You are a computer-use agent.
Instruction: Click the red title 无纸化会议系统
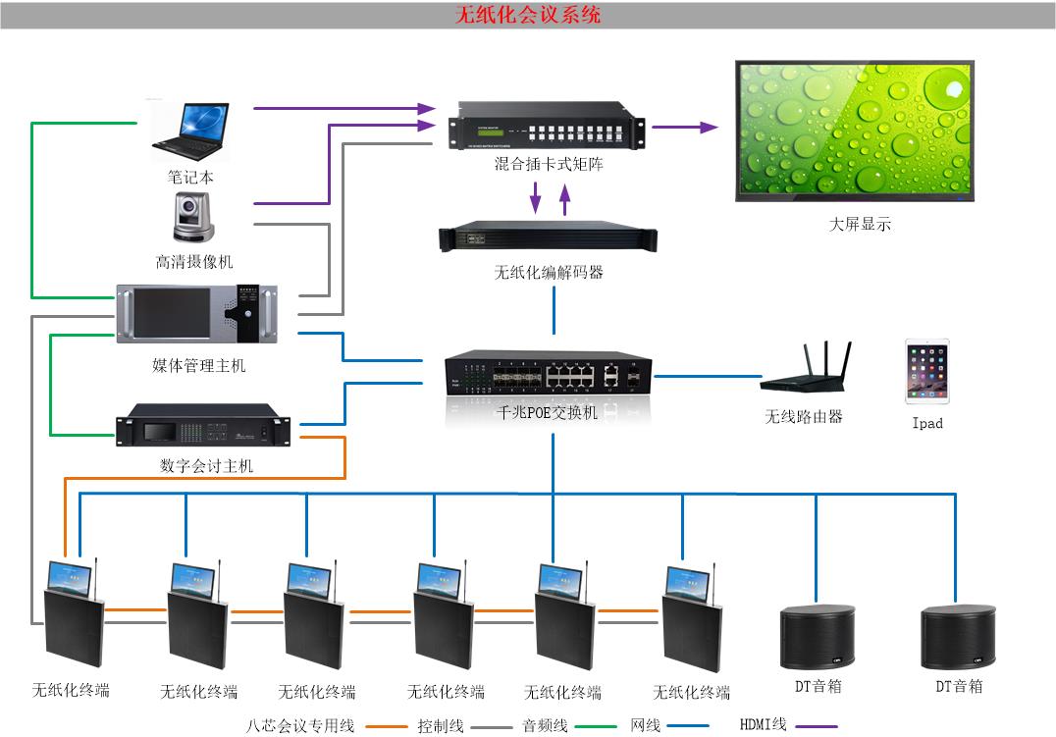click(x=528, y=15)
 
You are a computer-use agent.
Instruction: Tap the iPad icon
click(x=926, y=372)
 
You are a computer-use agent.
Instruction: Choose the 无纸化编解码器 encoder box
click(x=549, y=239)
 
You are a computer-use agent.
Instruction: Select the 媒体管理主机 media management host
click(x=196, y=315)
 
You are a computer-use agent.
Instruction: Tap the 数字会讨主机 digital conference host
click(x=204, y=427)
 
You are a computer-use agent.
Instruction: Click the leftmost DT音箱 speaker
click(x=818, y=638)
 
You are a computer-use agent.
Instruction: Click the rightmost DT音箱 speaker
click(x=958, y=639)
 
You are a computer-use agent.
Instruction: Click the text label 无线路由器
click(x=804, y=416)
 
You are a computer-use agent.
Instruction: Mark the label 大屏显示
click(x=860, y=225)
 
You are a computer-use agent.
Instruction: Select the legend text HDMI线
click(x=763, y=724)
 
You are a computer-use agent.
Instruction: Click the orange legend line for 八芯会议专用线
click(x=386, y=727)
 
